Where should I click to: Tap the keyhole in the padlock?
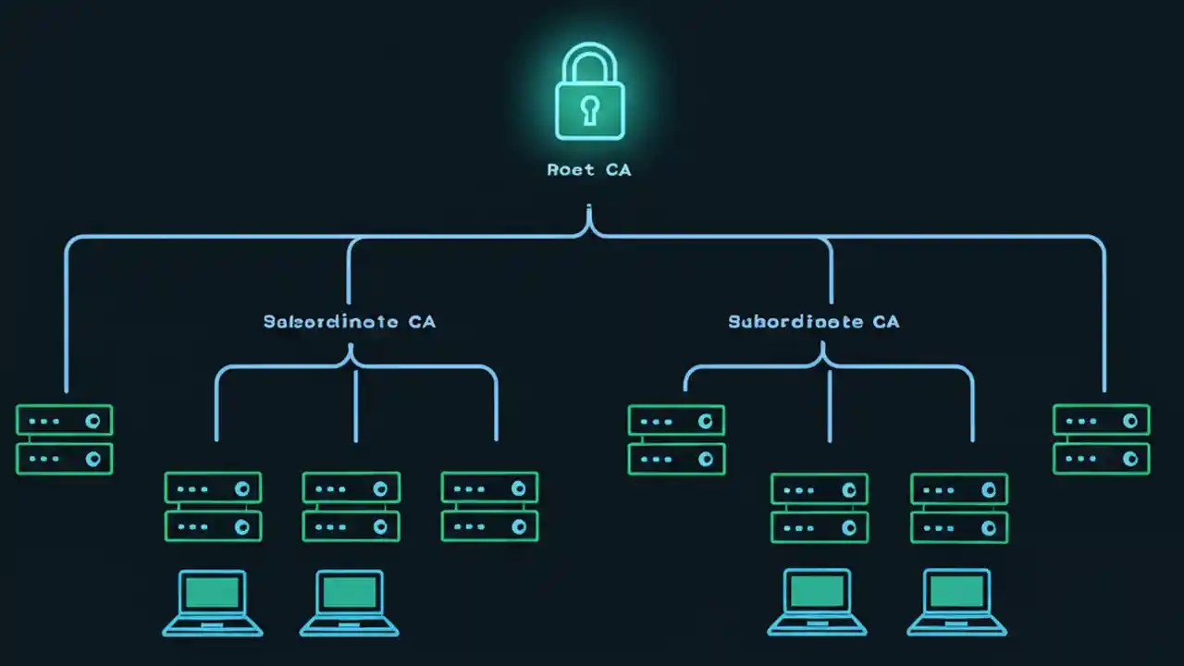(589, 110)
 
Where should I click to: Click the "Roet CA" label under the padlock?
(589, 170)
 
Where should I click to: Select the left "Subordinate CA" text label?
(350, 322)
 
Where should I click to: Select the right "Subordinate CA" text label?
(813, 322)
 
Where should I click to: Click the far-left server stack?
(64, 439)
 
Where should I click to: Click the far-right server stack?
(1101, 439)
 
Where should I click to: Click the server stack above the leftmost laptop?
(213, 507)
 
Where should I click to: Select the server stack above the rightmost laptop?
(959, 508)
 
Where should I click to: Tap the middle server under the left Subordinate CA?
(351, 507)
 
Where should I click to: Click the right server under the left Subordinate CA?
(489, 507)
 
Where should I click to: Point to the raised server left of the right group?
(676, 439)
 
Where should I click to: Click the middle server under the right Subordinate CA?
(820, 508)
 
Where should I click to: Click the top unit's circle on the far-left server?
(92, 421)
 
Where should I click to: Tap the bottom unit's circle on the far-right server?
(1130, 459)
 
